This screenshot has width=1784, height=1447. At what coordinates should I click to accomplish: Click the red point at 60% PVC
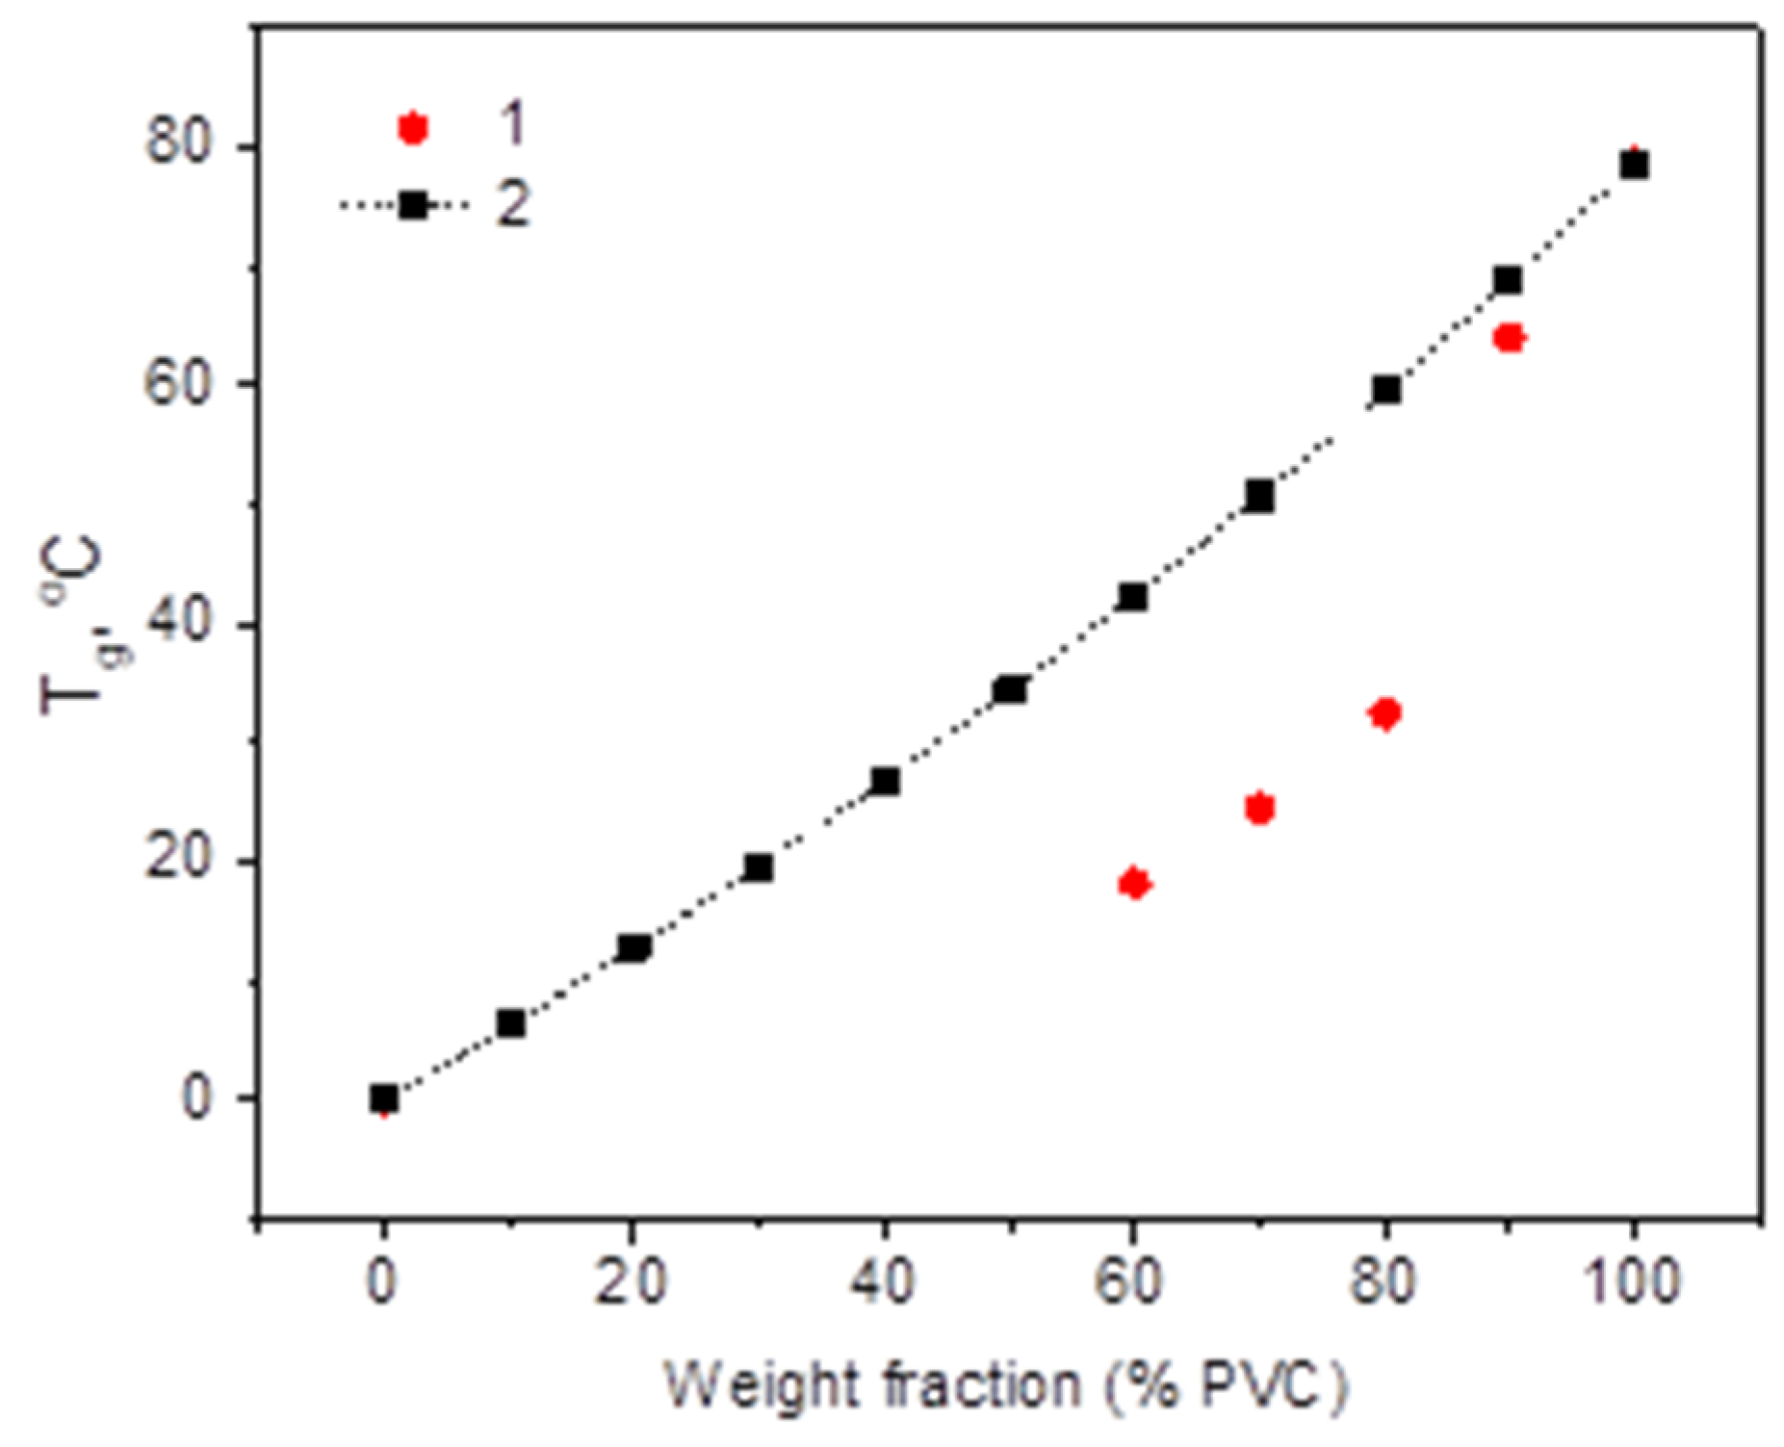(1134, 883)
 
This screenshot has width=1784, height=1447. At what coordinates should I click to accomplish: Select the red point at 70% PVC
(1259, 809)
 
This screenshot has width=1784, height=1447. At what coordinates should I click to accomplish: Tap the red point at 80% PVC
(1384, 713)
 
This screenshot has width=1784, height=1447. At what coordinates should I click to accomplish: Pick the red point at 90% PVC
(1509, 338)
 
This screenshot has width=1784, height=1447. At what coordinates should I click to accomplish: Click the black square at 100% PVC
(1634, 165)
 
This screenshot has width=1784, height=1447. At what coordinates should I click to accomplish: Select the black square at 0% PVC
(384, 1098)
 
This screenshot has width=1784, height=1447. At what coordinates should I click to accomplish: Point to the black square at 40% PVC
(885, 781)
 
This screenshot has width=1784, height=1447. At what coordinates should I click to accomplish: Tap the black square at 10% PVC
(510, 1023)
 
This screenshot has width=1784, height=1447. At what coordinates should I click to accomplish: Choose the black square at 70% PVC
(1259, 497)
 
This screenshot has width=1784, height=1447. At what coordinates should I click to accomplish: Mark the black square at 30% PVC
(759, 867)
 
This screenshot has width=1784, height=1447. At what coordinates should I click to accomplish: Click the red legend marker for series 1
(413, 127)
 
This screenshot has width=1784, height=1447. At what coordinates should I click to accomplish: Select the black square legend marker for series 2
(413, 205)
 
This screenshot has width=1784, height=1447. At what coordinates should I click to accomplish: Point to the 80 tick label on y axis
(177, 146)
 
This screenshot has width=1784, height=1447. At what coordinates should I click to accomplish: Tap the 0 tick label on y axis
(196, 1098)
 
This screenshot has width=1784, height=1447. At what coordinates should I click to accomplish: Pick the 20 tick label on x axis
(631, 1282)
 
